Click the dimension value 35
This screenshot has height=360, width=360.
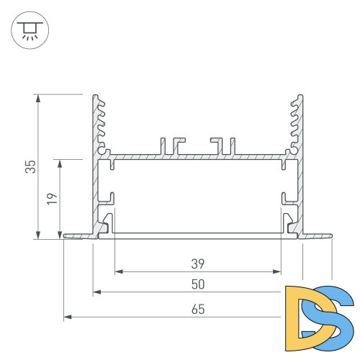coord(30,167)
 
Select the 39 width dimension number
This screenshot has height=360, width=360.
coord(198,263)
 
